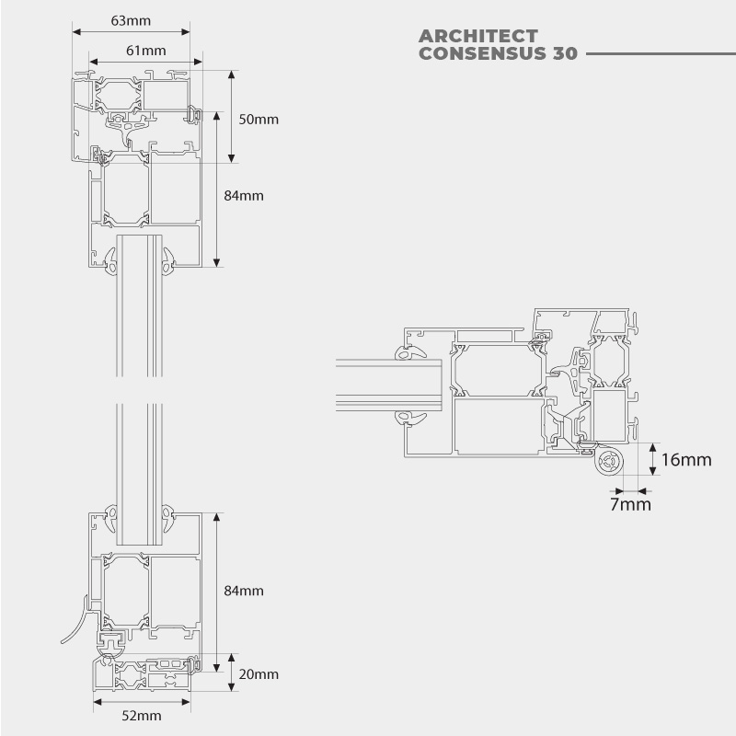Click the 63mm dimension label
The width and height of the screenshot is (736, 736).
point(131,20)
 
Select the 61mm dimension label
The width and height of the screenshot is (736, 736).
point(146,51)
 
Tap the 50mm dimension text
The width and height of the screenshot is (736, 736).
point(259,120)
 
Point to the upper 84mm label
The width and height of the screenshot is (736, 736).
point(244,195)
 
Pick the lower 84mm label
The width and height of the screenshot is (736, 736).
point(244,591)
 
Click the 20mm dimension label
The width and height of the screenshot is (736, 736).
point(259,674)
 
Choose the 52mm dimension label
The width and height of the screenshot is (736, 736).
point(142,716)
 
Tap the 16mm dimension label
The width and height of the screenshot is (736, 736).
point(686,459)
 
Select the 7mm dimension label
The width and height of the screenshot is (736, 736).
point(630,504)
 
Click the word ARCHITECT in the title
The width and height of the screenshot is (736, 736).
point(477,36)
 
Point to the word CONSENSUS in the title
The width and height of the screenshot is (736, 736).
point(482,53)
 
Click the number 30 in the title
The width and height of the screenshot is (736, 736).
point(565,53)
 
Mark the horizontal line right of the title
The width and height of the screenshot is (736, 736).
point(661,54)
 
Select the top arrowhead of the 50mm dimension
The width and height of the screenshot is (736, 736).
point(232,75)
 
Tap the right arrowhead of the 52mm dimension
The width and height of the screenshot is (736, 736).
point(186,702)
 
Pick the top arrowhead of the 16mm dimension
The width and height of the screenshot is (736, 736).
point(653,447)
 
